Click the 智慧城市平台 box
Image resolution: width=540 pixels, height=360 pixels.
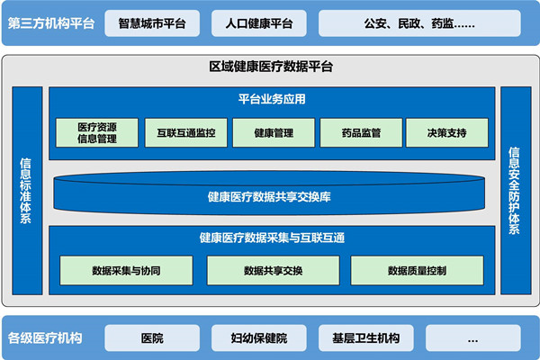pyautogui.click(x=153, y=22)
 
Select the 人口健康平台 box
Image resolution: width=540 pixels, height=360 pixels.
pyautogui.click(x=259, y=22)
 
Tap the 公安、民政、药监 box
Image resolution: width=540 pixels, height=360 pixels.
pyautogui.click(x=419, y=22)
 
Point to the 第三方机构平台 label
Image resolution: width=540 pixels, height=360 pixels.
pyautogui.click(x=51, y=22)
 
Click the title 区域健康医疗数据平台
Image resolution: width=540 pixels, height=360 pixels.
pyautogui.click(x=270, y=67)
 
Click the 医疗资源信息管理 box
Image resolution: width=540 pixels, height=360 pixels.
pyautogui.click(x=97, y=132)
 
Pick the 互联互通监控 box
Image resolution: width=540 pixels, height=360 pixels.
pyautogui.click(x=185, y=132)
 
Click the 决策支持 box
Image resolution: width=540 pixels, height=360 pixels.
pyautogui.click(x=447, y=132)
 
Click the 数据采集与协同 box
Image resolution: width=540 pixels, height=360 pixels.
pyautogui.click(x=127, y=269)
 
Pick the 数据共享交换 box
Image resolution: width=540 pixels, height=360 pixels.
pyautogui.click(x=273, y=269)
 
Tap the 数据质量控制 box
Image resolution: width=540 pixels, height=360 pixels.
pyautogui.click(x=417, y=269)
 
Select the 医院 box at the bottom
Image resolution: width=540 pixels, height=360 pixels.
pyautogui.click(x=152, y=338)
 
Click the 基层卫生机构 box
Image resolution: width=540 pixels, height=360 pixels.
pyautogui.click(x=365, y=338)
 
